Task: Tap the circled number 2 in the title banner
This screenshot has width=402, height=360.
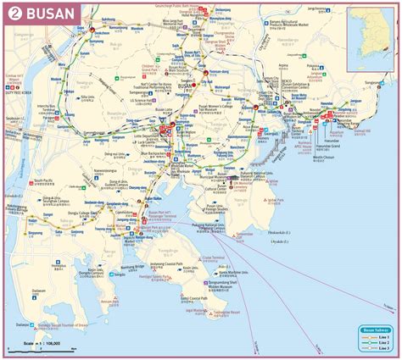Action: pyautogui.click(x=15, y=13)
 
